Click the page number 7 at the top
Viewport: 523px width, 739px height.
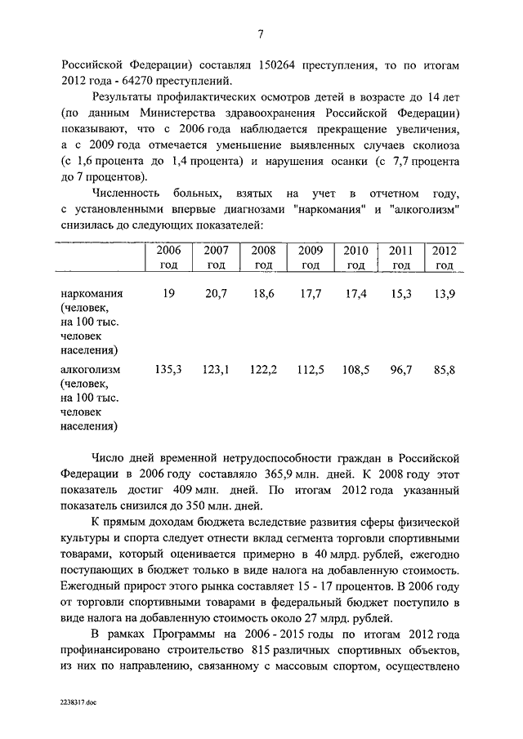tap(261, 34)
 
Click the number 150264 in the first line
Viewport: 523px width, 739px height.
tap(281, 65)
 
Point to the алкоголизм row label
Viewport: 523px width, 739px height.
tap(90, 371)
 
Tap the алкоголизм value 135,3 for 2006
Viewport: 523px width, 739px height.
tap(168, 371)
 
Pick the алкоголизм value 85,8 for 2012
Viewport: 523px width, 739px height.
tap(445, 371)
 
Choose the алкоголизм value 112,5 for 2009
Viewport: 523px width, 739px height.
tap(311, 371)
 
